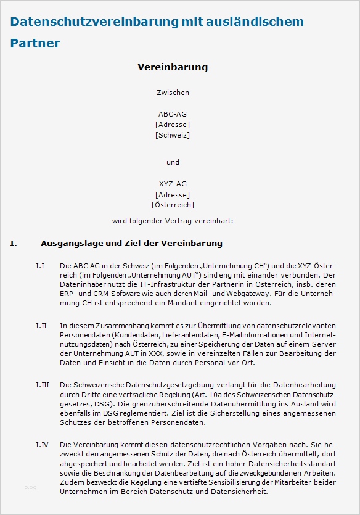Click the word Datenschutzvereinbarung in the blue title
coord(92,22)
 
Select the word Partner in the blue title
coord(35,43)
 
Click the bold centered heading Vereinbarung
coord(173,67)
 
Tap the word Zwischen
coord(173,93)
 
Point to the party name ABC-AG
coord(173,114)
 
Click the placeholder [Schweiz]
coord(173,134)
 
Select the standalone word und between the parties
coord(173,162)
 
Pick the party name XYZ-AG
coord(173,184)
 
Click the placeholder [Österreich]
coord(173,204)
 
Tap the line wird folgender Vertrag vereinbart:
coord(173,220)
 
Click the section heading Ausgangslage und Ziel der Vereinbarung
coord(131,244)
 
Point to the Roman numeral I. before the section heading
coord(14,244)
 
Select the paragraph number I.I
coord(40,265)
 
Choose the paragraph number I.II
coord(41,324)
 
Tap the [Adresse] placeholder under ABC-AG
coord(173,125)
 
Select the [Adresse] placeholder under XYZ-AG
coord(173,194)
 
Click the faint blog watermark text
coord(30,487)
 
